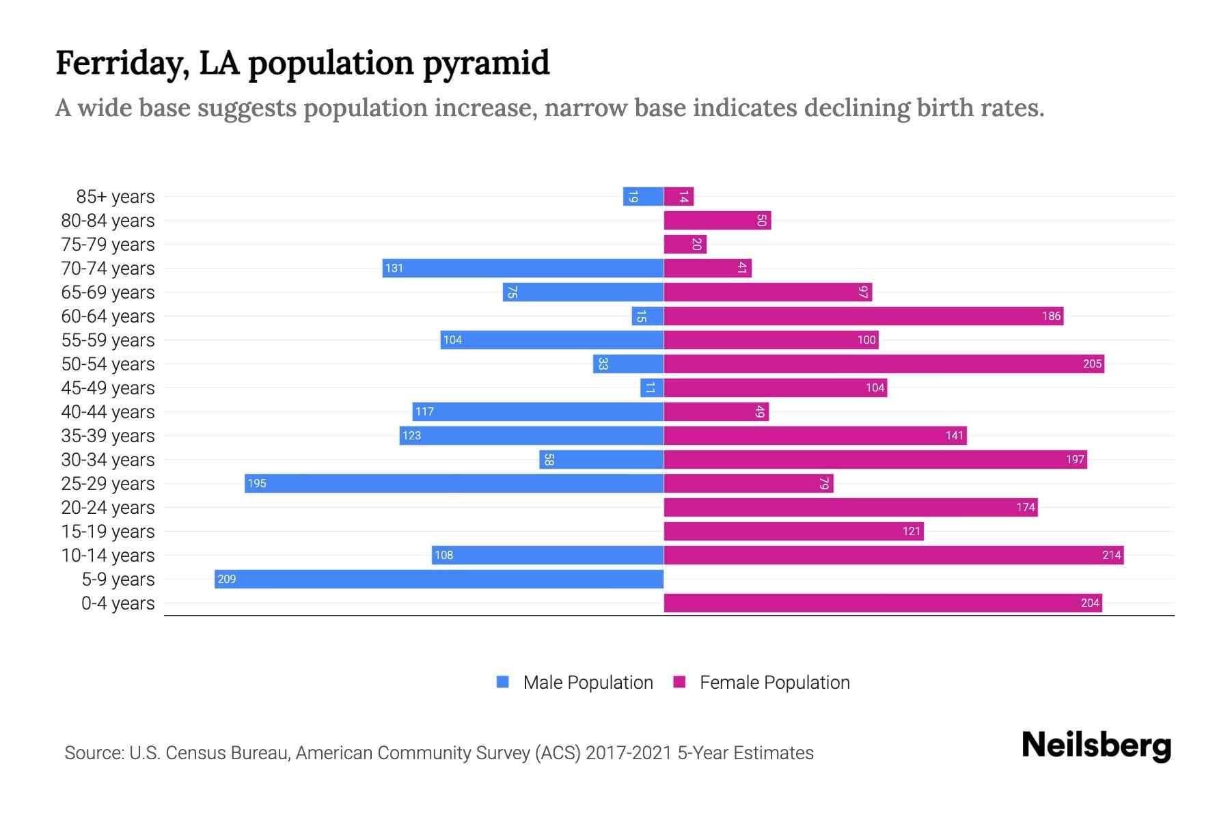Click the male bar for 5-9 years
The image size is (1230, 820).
click(439, 579)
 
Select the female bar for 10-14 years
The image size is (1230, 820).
click(893, 555)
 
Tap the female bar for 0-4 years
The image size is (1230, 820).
click(882, 603)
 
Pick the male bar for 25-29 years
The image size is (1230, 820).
click(454, 483)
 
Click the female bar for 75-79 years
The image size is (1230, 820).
click(685, 244)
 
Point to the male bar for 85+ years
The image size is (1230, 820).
click(643, 196)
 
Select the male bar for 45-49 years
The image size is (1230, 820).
click(651, 387)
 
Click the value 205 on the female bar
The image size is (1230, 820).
click(1092, 364)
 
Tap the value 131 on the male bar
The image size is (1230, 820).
click(394, 268)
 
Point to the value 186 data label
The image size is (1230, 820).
click(1051, 316)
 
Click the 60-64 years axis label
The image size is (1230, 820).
click(108, 316)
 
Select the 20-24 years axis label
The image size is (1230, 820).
click(108, 508)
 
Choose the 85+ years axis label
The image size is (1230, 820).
click(115, 197)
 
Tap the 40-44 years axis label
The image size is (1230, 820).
click(108, 412)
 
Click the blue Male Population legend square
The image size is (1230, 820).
click(503, 682)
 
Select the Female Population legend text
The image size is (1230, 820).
click(774, 682)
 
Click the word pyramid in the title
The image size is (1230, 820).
click(486, 64)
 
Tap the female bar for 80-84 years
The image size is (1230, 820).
click(717, 220)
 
